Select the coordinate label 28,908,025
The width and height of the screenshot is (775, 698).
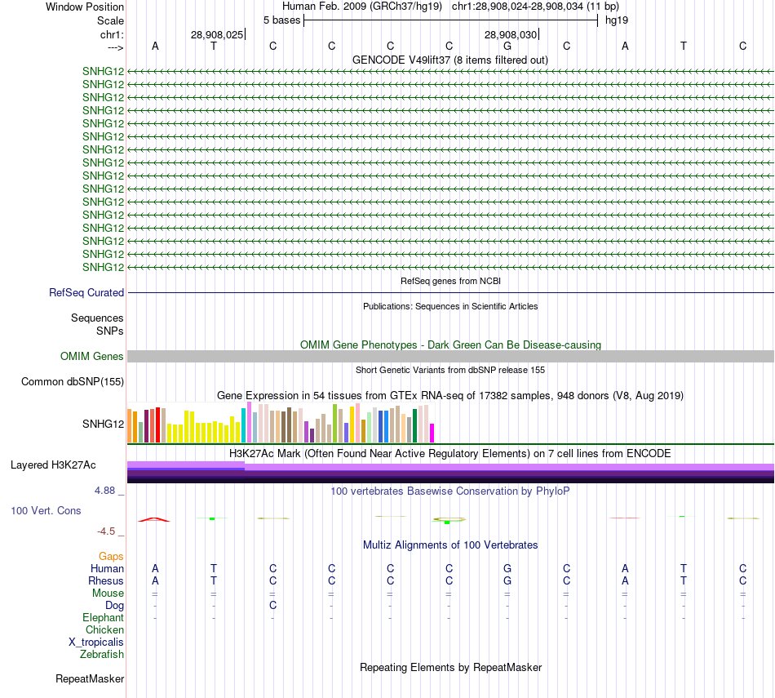(216, 35)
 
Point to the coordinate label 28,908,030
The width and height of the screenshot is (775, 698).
(510, 35)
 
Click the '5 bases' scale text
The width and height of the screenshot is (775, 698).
(281, 20)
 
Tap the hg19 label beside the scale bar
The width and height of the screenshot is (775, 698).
(616, 20)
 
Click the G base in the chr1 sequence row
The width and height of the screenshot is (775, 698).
(507, 46)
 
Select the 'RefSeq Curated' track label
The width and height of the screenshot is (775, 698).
(86, 292)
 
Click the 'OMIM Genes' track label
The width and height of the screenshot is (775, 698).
(92, 356)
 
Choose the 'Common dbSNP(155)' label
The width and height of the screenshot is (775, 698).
(73, 381)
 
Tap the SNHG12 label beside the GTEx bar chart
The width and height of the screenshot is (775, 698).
(103, 424)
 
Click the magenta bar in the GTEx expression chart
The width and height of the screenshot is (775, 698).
(432, 433)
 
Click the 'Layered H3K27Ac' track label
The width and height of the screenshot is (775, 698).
(53, 465)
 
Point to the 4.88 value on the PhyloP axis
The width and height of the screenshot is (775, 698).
(106, 491)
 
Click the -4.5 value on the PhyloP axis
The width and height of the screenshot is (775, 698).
(108, 531)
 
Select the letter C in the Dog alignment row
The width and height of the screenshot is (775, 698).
(272, 605)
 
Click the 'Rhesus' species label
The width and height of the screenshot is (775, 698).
(106, 580)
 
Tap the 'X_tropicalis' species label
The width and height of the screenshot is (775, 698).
(96, 642)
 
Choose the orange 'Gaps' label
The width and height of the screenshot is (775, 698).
(111, 556)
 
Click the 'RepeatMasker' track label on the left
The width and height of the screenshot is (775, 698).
(90, 678)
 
